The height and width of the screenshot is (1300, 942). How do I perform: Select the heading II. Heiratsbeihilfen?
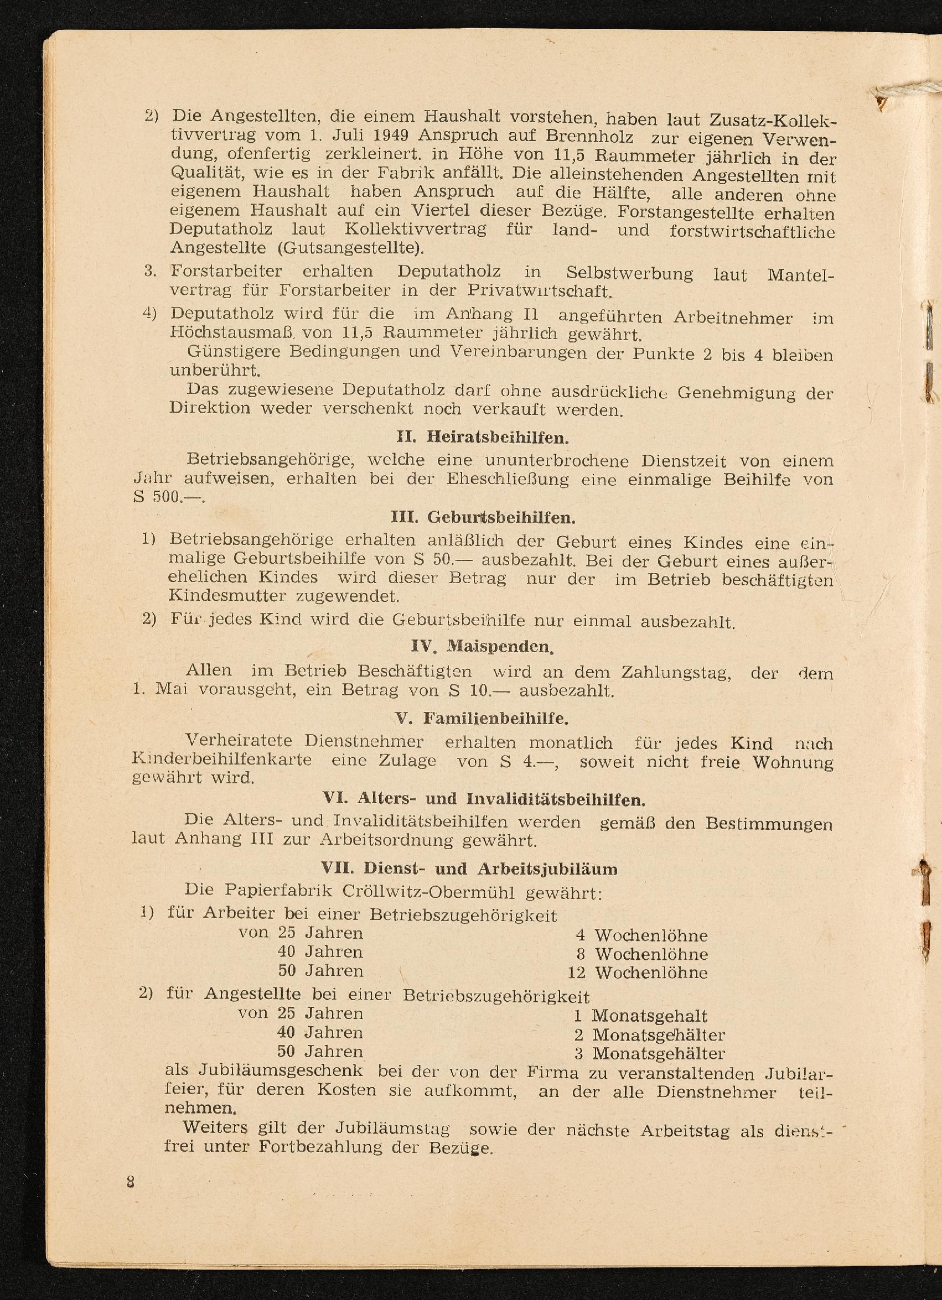click(482, 439)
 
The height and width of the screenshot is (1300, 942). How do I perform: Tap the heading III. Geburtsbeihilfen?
click(483, 518)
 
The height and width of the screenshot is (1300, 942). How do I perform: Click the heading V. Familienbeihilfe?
click(482, 718)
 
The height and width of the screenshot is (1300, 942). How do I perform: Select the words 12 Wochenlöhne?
click(638, 973)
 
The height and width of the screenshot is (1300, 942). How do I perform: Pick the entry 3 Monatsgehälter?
click(650, 1053)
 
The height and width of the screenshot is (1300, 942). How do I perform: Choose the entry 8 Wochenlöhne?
click(642, 954)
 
